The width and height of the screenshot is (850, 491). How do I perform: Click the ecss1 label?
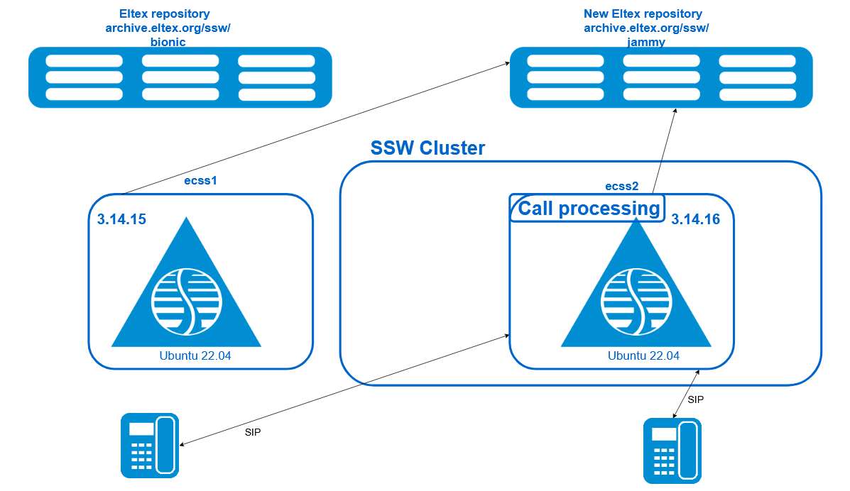tap(200, 180)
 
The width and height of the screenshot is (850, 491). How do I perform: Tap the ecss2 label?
tap(622, 187)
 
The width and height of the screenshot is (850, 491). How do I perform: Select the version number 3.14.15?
tap(121, 219)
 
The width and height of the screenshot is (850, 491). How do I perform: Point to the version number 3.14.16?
tap(695, 219)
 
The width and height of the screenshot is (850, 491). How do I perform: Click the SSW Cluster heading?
tap(427, 148)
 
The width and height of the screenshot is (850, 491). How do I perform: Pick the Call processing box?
tap(588, 209)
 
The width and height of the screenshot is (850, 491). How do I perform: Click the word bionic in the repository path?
tap(168, 43)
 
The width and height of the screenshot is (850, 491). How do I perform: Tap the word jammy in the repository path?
tap(646, 43)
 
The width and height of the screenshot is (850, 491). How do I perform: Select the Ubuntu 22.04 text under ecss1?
tap(195, 356)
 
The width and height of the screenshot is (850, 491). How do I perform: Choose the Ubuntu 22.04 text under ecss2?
tap(643, 356)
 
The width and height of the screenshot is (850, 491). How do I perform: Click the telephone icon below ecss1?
tap(150, 446)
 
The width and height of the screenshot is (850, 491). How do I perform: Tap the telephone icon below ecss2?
tap(672, 451)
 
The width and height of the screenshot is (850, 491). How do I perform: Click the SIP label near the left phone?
tap(253, 433)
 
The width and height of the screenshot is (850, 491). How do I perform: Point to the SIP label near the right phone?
tap(695, 400)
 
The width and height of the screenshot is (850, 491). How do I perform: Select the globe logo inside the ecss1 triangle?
tap(187, 302)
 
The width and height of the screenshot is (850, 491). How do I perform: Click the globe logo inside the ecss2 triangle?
tap(636, 302)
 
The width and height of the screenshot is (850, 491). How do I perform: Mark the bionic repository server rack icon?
tap(180, 77)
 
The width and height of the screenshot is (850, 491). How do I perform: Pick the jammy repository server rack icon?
tap(661, 77)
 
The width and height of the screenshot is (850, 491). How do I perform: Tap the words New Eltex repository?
tap(643, 14)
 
